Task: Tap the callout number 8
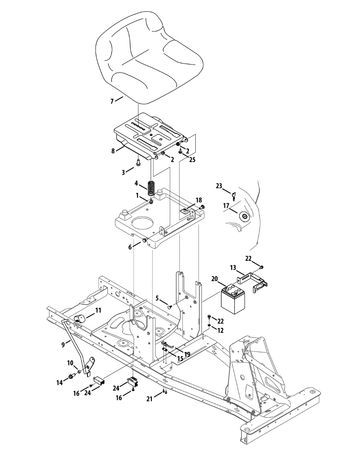pos(113,151)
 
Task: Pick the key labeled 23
pos(234,195)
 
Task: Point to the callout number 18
pos(199,200)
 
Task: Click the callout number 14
pos(59,382)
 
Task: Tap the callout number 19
pos(187,354)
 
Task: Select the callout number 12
pos(220,330)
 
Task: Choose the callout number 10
pos(70,363)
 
